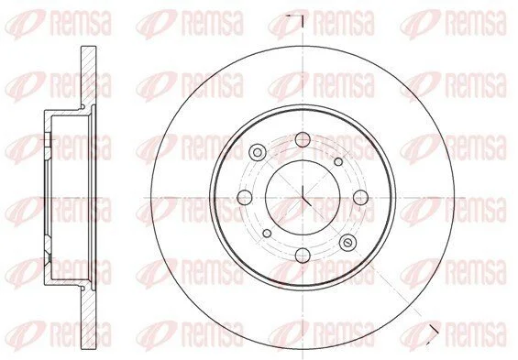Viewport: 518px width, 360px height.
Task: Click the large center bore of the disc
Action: (303, 198)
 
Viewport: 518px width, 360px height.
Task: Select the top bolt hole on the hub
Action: (303, 139)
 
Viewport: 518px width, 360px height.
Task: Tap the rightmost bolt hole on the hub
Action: (360, 198)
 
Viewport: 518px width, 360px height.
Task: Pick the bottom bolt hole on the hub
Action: (303, 256)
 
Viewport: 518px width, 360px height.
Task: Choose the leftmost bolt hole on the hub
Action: (245, 198)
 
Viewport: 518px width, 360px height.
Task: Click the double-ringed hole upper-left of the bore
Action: (258, 152)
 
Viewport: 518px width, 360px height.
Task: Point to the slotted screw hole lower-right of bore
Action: (347, 243)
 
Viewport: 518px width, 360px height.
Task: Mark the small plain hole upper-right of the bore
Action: (338, 162)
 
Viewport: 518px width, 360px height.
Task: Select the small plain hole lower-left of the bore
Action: (267, 234)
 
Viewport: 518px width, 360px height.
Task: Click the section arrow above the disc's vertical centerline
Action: (295, 19)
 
